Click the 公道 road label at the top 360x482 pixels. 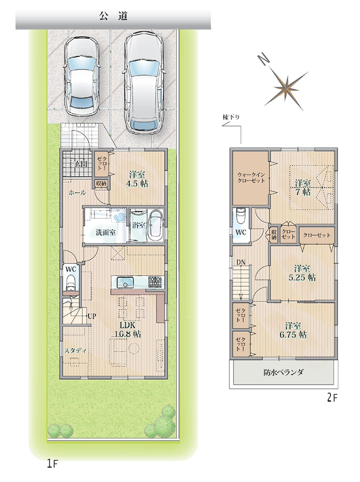coord(113,16)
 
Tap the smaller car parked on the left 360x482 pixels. coord(81,77)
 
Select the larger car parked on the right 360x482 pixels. coord(144,83)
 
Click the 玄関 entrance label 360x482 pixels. coord(80,163)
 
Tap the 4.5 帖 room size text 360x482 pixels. coord(138,184)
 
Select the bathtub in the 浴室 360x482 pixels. coord(156,226)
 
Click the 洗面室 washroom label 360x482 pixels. coord(105,232)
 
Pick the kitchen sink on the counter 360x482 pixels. coord(125,281)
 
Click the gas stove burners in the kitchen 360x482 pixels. coord(157,281)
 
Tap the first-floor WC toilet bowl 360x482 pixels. coord(71,282)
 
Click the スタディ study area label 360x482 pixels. coord(75,351)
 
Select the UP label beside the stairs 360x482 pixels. coord(92,316)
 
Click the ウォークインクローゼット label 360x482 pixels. coord(251,177)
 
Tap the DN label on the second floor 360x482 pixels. coord(240,262)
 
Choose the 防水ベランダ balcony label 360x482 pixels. coord(283,372)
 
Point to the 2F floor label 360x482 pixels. coord(332,398)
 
